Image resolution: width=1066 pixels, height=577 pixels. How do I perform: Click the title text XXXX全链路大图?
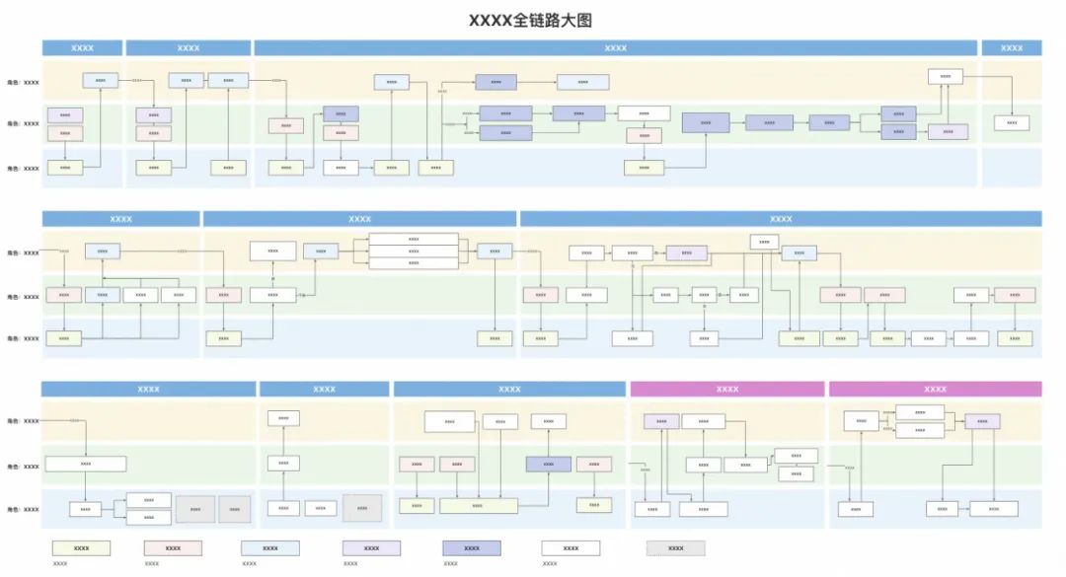[530, 20]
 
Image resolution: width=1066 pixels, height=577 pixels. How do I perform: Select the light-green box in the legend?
[82, 547]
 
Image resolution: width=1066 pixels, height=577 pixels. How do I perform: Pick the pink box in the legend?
[173, 547]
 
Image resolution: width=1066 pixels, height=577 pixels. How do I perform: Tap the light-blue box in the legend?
[270, 547]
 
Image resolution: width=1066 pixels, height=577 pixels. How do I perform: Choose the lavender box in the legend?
[371, 547]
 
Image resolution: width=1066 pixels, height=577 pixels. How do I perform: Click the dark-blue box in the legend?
[472, 547]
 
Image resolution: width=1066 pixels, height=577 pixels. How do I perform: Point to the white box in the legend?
[571, 547]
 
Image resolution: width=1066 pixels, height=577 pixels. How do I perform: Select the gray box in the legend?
[676, 547]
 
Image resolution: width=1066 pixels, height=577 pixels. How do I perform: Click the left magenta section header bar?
[727, 389]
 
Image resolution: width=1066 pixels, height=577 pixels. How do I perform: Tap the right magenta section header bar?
[935, 389]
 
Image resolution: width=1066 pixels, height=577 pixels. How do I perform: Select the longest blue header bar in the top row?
[615, 47]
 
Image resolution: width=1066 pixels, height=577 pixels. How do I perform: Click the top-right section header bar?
[1011, 47]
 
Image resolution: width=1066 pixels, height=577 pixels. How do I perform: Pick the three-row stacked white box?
[414, 251]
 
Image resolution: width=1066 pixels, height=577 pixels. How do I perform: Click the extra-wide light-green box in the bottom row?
[478, 505]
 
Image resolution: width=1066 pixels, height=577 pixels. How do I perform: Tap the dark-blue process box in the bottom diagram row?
[549, 464]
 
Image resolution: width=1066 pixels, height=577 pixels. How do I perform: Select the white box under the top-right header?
[1012, 123]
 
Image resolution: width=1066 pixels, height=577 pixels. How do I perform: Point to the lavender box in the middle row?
[686, 252]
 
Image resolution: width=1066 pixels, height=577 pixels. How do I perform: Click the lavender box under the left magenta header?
[661, 421]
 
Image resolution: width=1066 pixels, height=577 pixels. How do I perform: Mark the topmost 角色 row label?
[24, 83]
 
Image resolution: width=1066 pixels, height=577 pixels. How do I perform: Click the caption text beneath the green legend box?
[60, 564]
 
